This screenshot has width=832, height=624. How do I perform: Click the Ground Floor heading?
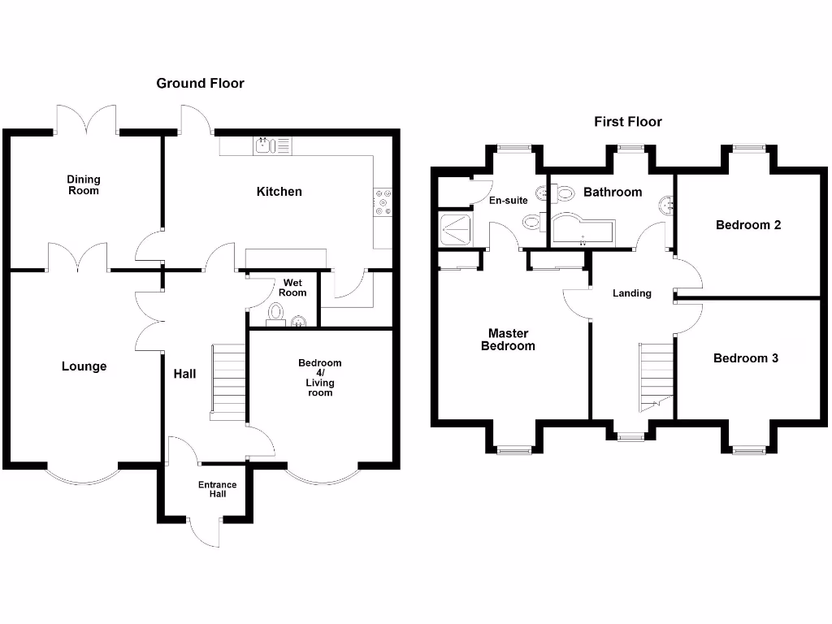(200, 83)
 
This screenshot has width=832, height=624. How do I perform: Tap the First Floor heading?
(627, 122)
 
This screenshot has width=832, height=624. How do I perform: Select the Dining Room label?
(84, 184)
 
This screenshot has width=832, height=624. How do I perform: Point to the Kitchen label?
(279, 192)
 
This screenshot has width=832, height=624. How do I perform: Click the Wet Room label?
(293, 287)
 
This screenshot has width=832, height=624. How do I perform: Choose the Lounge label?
(84, 366)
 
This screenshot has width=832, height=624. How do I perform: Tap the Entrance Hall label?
(218, 489)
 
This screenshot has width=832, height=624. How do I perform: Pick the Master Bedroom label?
(509, 340)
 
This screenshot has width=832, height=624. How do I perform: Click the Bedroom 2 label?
(747, 225)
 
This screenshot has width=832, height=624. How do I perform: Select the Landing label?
(631, 293)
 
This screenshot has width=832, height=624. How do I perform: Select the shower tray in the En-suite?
(457, 229)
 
